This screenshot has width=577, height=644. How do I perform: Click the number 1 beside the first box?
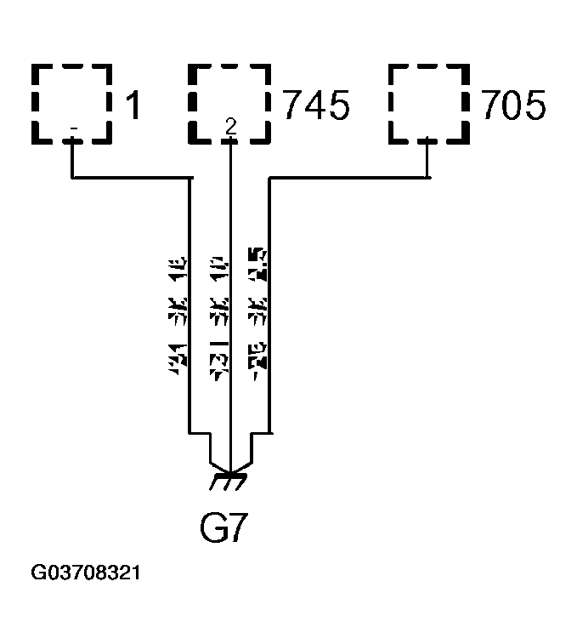(133, 107)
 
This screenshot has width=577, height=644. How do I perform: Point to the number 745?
(314, 107)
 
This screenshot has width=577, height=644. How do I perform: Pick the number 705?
(513, 107)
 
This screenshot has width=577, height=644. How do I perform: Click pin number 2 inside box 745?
(229, 127)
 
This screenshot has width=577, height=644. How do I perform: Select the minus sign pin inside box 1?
(74, 129)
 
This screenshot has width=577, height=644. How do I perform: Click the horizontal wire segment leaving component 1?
(127, 179)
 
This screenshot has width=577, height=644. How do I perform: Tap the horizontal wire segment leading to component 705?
(348, 179)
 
